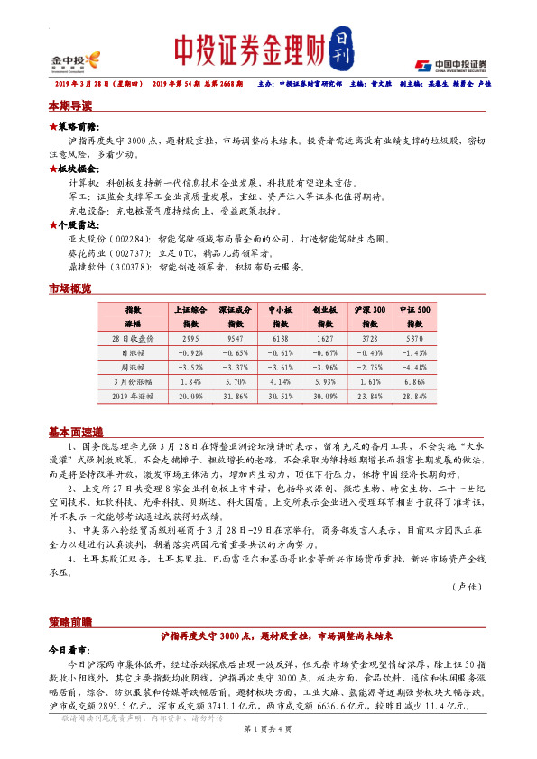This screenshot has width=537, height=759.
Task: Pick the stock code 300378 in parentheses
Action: click(x=125, y=267)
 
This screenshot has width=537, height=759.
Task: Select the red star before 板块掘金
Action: click(x=52, y=169)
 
